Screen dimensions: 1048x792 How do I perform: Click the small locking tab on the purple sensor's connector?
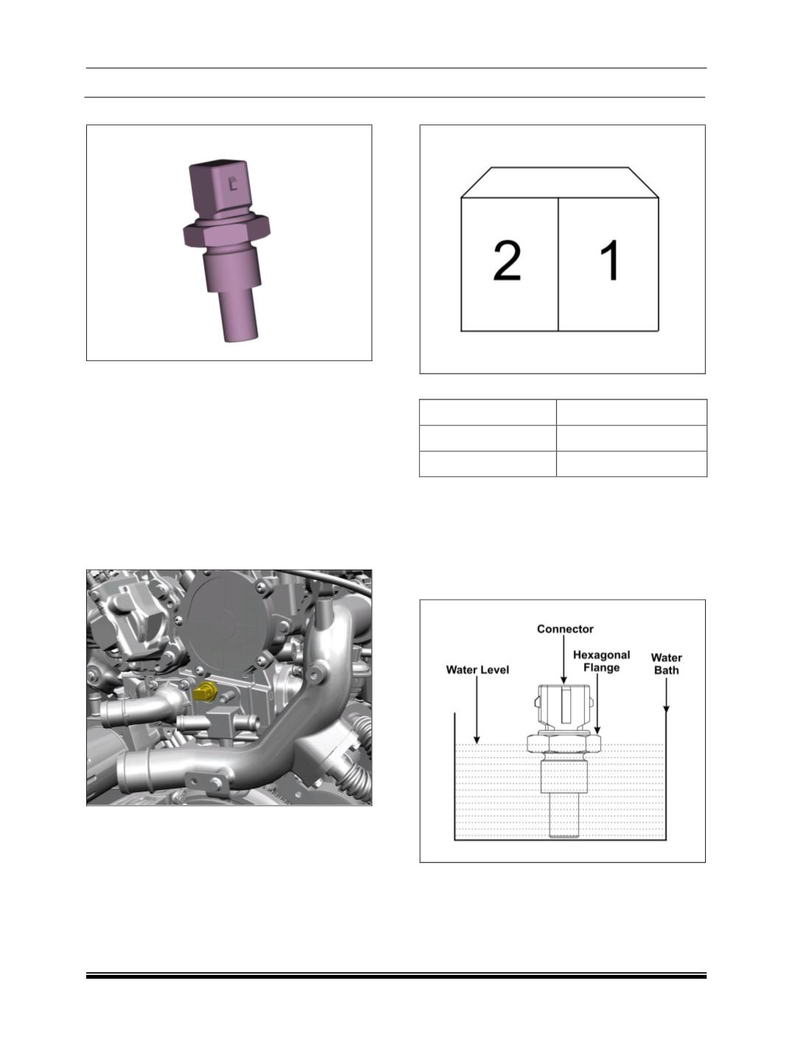pos(233,185)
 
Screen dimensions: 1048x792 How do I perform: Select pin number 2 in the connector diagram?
pos(508,262)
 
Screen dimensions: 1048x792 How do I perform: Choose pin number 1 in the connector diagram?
pos(610,262)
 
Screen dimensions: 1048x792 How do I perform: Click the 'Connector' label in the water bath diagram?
pos(564,629)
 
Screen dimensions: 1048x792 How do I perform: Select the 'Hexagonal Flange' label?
pos(601,661)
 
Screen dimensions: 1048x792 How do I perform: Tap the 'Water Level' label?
pos(477,670)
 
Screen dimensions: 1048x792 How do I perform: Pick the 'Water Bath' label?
pos(666,663)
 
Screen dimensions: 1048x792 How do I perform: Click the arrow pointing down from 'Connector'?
pos(564,660)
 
